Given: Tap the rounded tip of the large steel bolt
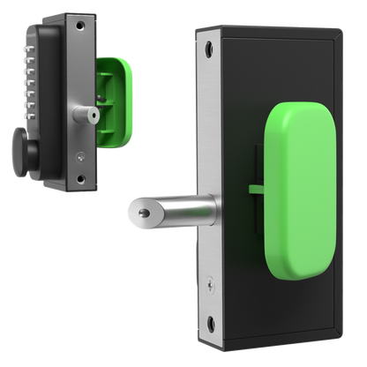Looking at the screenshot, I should point(141,213).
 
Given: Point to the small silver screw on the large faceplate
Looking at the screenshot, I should point(208,283).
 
